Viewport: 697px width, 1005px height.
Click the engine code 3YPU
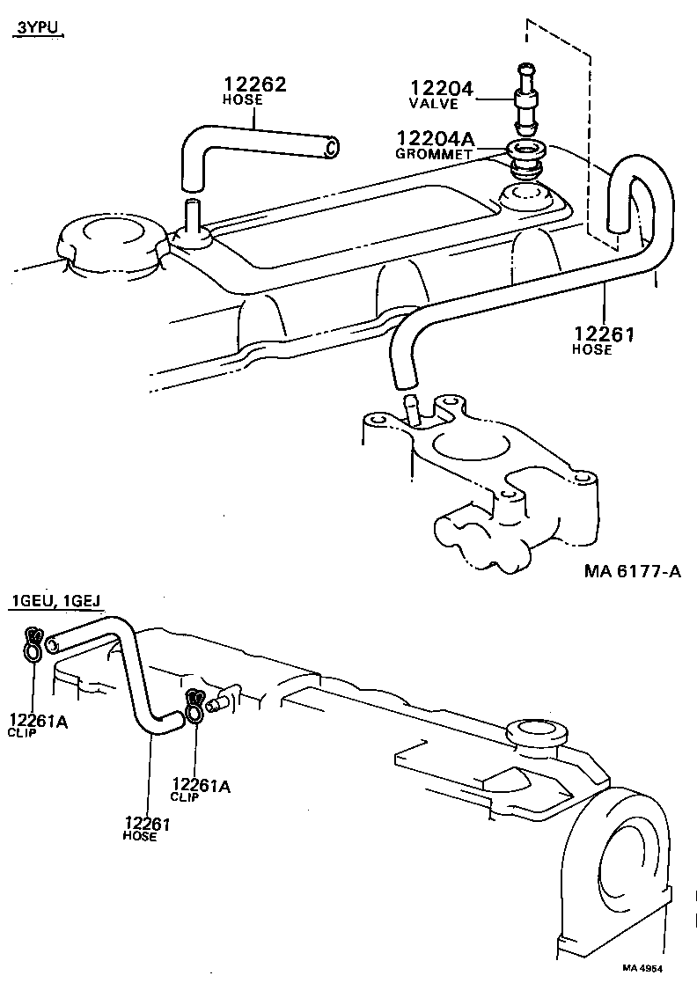pyautogui.click(x=39, y=29)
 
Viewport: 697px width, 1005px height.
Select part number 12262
pyautogui.click(x=254, y=84)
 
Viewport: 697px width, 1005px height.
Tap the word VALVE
pyautogui.click(x=435, y=103)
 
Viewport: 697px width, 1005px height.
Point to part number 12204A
pyautogui.click(x=437, y=138)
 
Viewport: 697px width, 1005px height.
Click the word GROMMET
pyautogui.click(x=435, y=153)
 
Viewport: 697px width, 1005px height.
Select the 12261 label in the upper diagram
pyautogui.click(x=605, y=334)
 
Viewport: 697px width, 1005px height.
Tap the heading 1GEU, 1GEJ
pyautogui.click(x=55, y=601)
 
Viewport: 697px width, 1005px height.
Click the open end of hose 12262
pyautogui.click(x=330, y=148)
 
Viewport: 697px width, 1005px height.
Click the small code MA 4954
pyautogui.click(x=642, y=968)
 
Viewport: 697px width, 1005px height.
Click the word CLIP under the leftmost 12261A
pyautogui.click(x=23, y=732)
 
